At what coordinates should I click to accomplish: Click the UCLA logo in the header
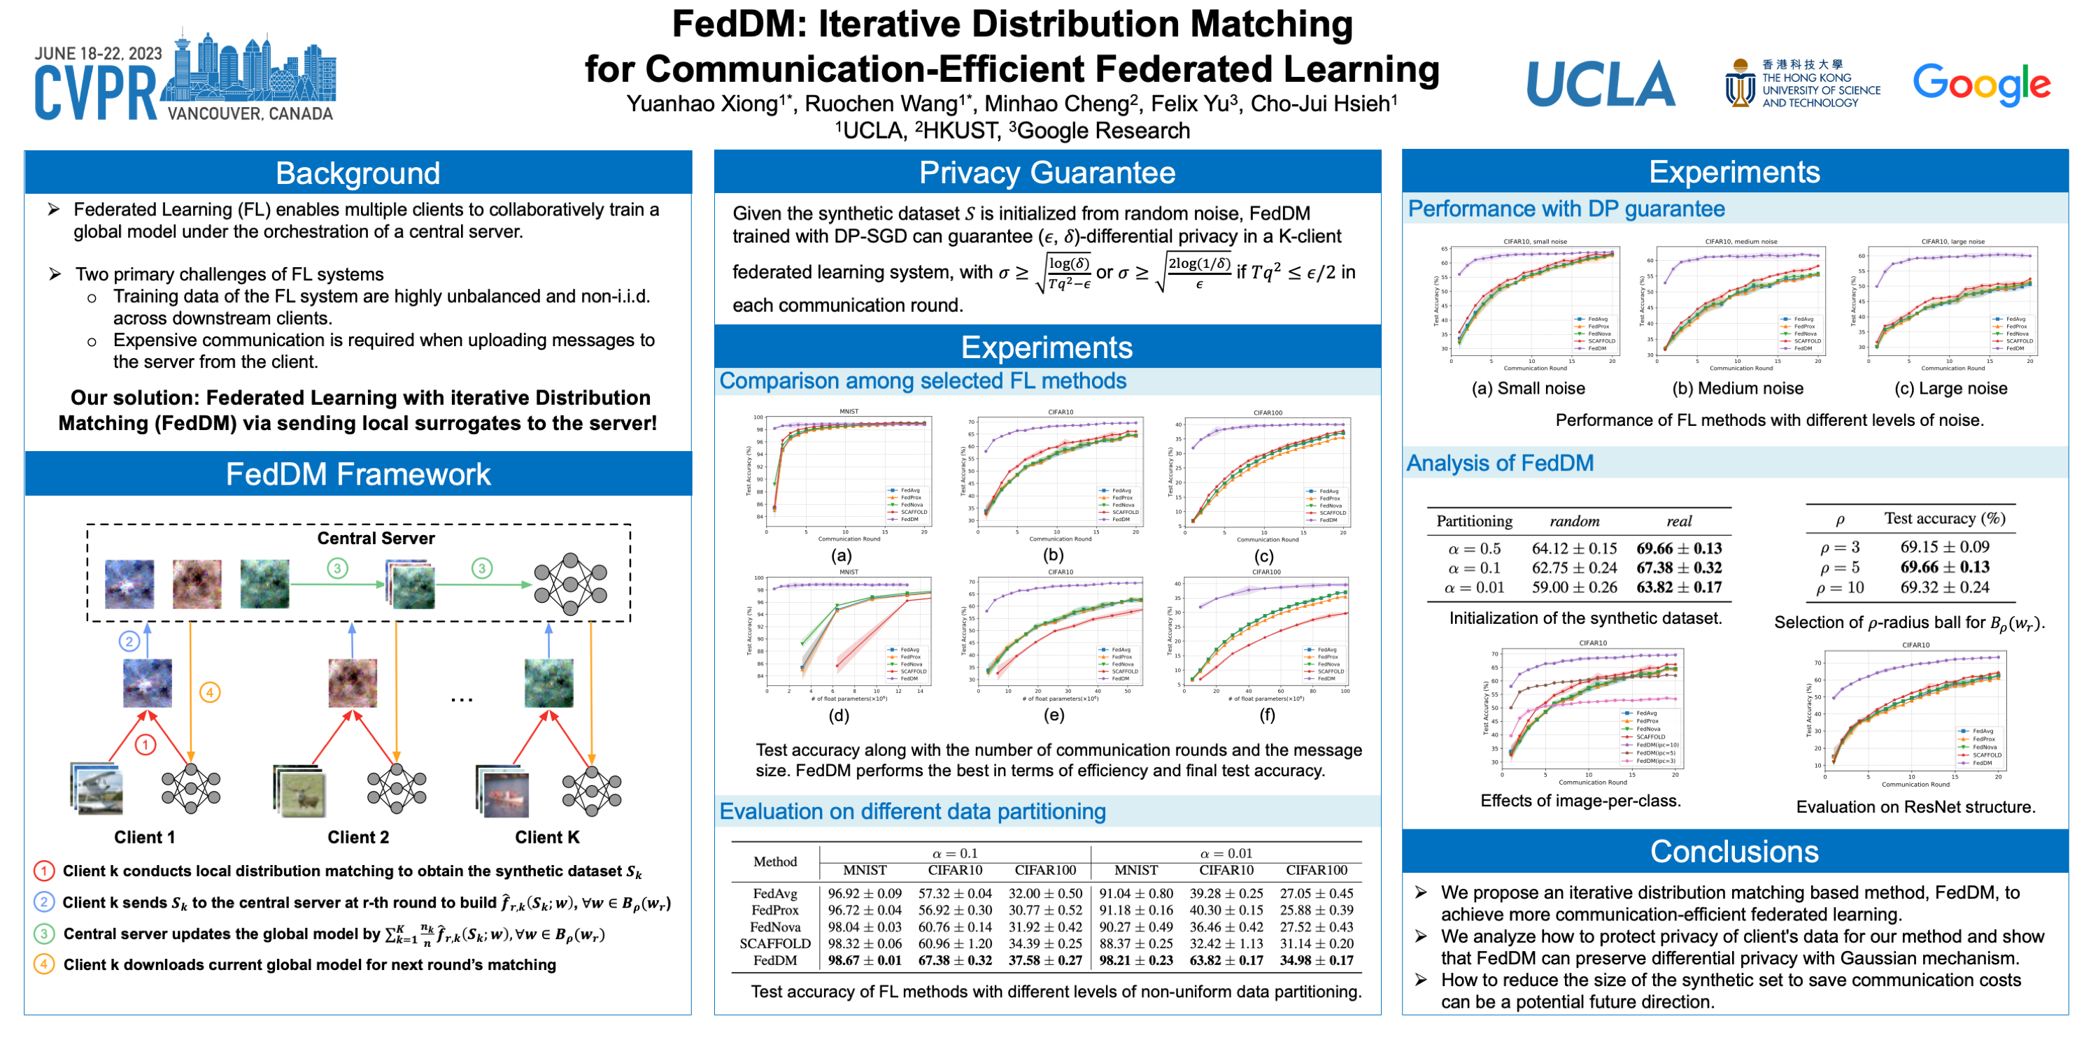pyautogui.click(x=1600, y=84)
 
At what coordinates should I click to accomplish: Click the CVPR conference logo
pyautogui.click(x=184, y=78)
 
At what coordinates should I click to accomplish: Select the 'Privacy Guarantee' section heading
pyautogui.click(x=1047, y=173)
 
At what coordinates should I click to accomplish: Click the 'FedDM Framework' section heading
pyautogui.click(x=357, y=474)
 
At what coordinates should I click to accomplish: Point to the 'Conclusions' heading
pyautogui.click(x=1734, y=851)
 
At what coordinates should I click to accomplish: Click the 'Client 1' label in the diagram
pyautogui.click(x=144, y=837)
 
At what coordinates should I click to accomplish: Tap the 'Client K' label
pyautogui.click(x=547, y=837)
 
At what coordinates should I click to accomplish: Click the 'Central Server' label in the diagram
pyautogui.click(x=376, y=538)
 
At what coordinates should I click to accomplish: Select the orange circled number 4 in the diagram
pyautogui.click(x=209, y=692)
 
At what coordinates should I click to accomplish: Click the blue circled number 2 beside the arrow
pyautogui.click(x=129, y=641)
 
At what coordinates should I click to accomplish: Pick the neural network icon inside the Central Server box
pyautogui.click(x=570, y=584)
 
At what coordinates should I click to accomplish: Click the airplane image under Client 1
pyautogui.click(x=98, y=789)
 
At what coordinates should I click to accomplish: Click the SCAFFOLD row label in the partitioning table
pyautogui.click(x=774, y=943)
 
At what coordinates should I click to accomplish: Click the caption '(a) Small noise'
pyautogui.click(x=1528, y=389)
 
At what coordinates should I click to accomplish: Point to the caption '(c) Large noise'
pyautogui.click(x=1950, y=389)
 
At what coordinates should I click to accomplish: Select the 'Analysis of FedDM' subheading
pyautogui.click(x=1499, y=464)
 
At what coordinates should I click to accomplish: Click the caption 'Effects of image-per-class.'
pyautogui.click(x=1580, y=801)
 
